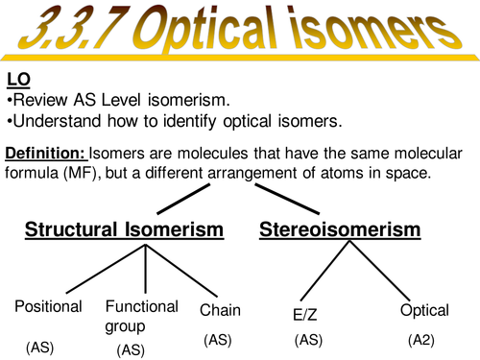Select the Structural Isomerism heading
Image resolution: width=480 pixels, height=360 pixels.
[x=124, y=229]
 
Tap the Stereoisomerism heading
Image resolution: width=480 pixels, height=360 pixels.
[x=340, y=229]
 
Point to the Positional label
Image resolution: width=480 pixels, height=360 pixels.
[x=49, y=307]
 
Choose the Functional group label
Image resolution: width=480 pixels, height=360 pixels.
[x=142, y=315]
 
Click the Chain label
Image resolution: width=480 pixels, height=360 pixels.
[x=220, y=310]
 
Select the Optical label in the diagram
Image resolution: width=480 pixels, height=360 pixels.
[x=424, y=310]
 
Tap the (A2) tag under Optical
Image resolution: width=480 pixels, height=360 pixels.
[x=423, y=340]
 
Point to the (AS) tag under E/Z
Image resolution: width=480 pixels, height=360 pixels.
[x=310, y=340]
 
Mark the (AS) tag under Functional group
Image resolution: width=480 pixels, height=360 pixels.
[x=131, y=350]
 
